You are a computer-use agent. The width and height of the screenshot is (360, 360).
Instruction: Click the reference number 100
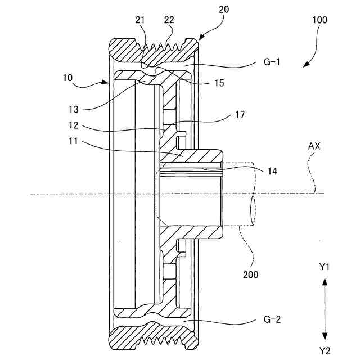coord(319,20)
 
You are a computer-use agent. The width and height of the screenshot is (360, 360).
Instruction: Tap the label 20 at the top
coord(224,10)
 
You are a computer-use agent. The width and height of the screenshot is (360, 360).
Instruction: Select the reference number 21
coord(140,20)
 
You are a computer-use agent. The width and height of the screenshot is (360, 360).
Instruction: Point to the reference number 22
coord(169,20)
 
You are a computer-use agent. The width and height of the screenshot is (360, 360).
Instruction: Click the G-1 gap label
coord(272,62)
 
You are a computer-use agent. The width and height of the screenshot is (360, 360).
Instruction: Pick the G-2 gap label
coord(272,319)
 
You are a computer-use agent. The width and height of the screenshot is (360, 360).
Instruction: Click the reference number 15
coord(219,83)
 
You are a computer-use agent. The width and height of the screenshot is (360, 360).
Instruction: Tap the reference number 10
coord(67,78)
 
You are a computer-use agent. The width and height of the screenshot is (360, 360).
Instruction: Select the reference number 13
coord(74,109)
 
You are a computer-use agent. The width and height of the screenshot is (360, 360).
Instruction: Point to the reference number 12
coord(74,125)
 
